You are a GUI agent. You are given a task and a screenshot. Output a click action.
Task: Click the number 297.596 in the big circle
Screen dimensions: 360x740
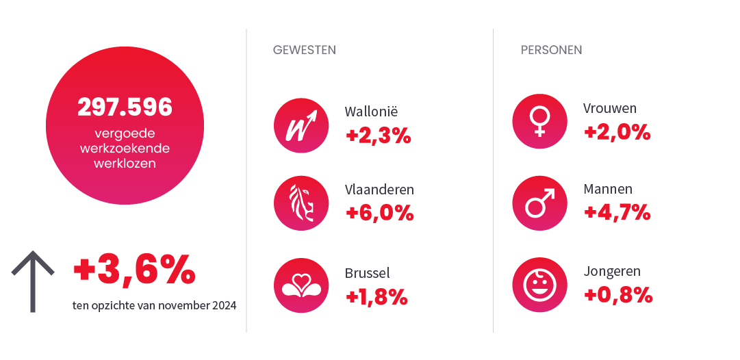click(125, 107)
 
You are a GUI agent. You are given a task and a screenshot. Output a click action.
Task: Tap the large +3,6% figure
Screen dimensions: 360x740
click(134, 271)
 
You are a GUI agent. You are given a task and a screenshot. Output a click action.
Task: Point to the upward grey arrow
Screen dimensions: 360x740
click(33, 281)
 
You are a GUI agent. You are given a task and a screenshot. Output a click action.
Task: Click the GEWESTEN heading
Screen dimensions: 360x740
click(304, 50)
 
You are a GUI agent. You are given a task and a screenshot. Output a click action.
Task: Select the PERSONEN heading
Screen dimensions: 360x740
click(551, 50)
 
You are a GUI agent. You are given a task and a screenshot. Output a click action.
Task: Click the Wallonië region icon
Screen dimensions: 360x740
click(301, 125)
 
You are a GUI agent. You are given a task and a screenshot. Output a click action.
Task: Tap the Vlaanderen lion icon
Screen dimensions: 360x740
click(301, 203)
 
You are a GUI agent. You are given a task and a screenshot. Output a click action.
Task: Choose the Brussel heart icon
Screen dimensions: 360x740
click(301, 285)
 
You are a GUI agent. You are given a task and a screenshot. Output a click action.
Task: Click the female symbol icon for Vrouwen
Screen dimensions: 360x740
click(539, 121)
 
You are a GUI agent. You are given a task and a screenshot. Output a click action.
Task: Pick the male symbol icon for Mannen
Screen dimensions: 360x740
click(539, 203)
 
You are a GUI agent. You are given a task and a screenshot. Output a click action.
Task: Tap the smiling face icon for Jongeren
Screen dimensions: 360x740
click(539, 285)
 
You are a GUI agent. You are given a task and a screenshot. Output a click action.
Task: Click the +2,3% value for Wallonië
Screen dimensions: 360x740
click(379, 136)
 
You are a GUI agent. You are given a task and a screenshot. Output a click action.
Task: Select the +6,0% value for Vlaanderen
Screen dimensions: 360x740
click(380, 213)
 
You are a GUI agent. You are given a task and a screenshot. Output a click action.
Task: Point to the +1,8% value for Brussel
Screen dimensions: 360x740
click(377, 296)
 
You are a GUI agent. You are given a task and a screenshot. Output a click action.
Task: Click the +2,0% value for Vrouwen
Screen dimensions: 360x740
click(617, 132)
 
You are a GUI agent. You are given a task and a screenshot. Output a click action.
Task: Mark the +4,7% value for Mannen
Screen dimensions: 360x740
click(617, 212)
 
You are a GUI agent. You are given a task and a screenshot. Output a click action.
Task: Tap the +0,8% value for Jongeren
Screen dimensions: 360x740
click(617, 295)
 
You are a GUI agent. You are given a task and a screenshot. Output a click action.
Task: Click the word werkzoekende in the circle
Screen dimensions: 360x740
click(125, 149)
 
